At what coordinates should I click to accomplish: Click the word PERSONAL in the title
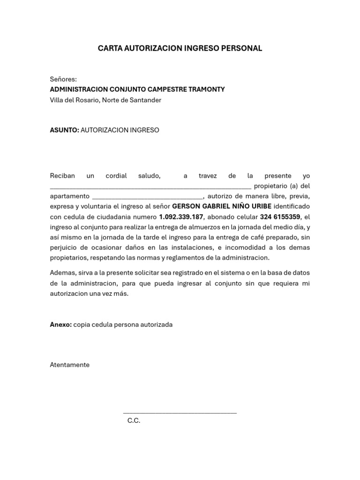tap(242, 48)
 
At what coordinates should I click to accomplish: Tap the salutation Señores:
tap(63, 79)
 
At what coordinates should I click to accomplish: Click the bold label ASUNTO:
tap(64, 130)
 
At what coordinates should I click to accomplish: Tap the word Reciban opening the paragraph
tap(62, 176)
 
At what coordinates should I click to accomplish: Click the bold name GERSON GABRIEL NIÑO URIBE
tap(222, 207)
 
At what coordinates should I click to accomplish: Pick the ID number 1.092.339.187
tap(181, 217)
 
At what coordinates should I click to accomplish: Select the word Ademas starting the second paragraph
tap(61, 273)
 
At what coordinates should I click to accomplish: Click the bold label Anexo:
tap(61, 324)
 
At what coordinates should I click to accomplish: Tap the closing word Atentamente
tap(70, 365)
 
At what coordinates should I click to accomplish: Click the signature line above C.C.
tap(180, 413)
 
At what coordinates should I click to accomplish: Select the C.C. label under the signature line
tap(134, 420)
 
